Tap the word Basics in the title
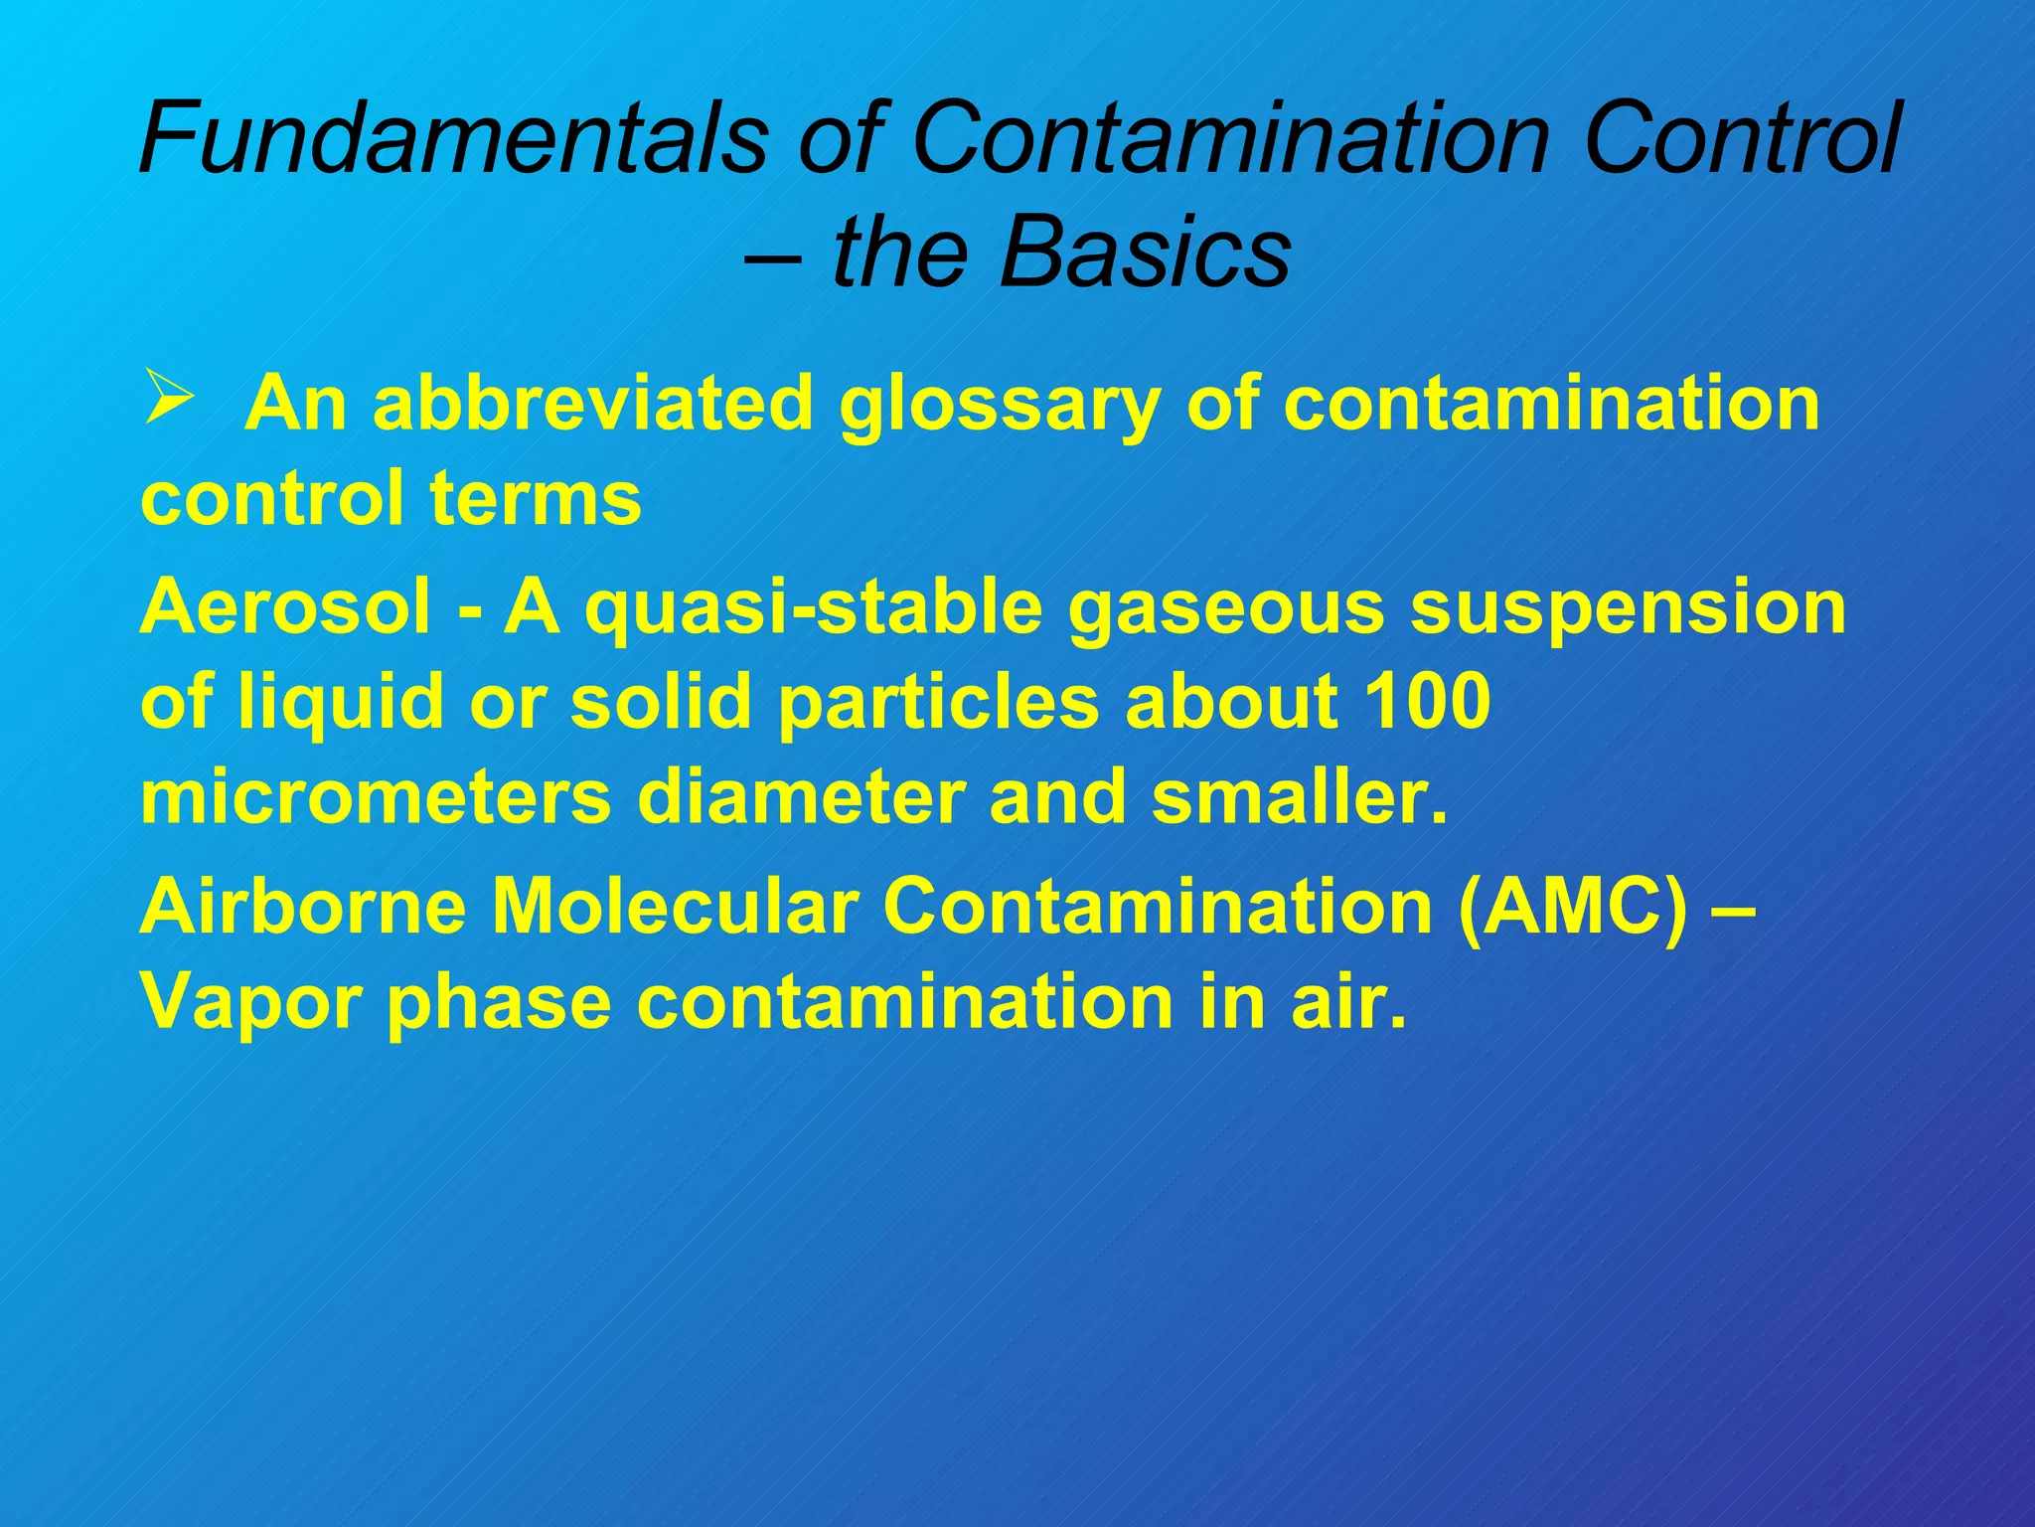(x=1145, y=251)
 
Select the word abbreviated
(x=593, y=404)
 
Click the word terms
(x=536, y=498)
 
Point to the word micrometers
(x=376, y=798)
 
